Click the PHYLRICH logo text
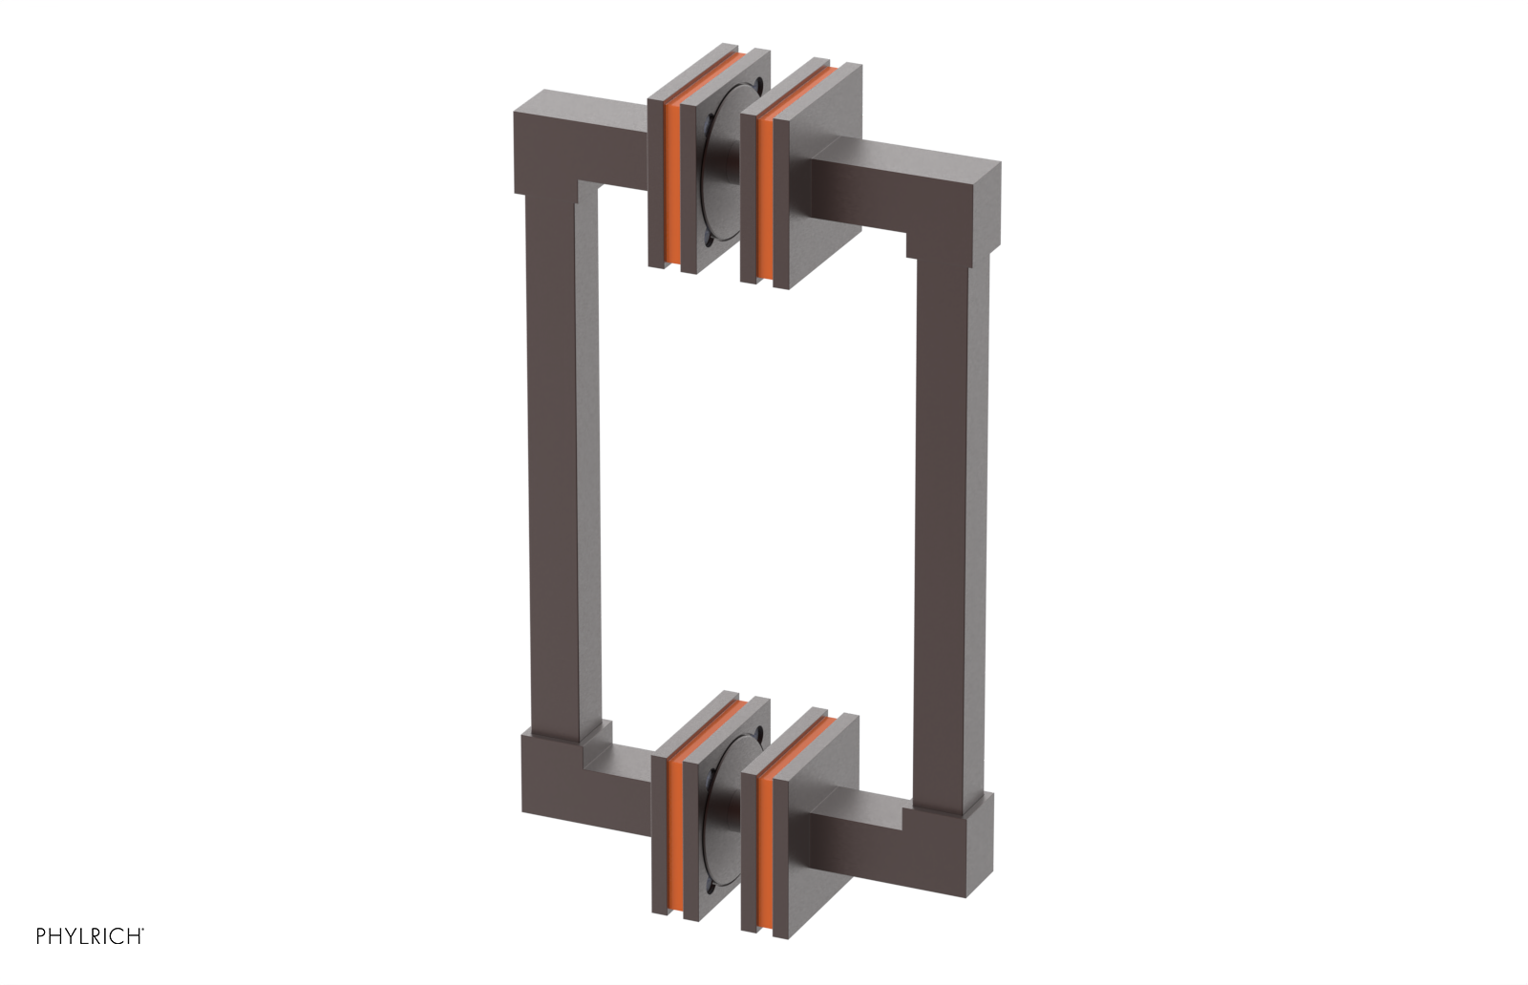(90, 935)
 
